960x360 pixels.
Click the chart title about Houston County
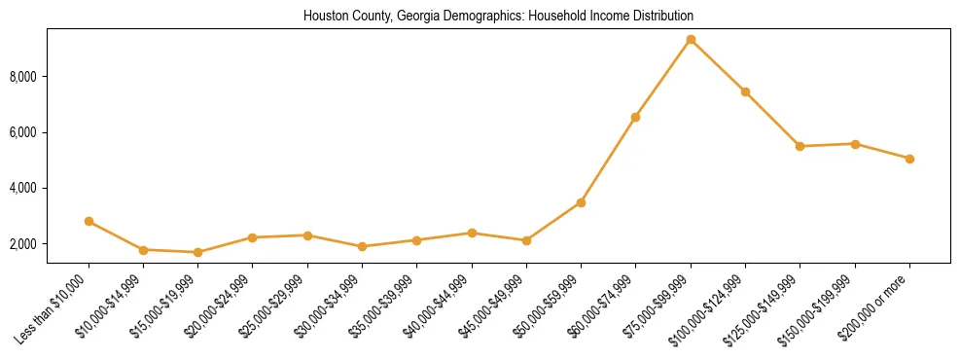click(498, 17)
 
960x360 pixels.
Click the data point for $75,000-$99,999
click(691, 40)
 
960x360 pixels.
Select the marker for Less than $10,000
click(89, 222)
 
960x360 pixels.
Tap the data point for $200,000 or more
click(909, 159)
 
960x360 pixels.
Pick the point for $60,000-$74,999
click(635, 118)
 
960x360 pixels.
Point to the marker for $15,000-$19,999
click(198, 252)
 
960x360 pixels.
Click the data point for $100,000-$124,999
click(745, 92)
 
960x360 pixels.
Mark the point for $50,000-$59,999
click(581, 202)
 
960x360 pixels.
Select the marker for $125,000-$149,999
click(800, 147)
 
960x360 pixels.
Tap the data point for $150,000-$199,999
click(855, 144)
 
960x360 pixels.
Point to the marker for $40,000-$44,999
click(472, 234)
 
